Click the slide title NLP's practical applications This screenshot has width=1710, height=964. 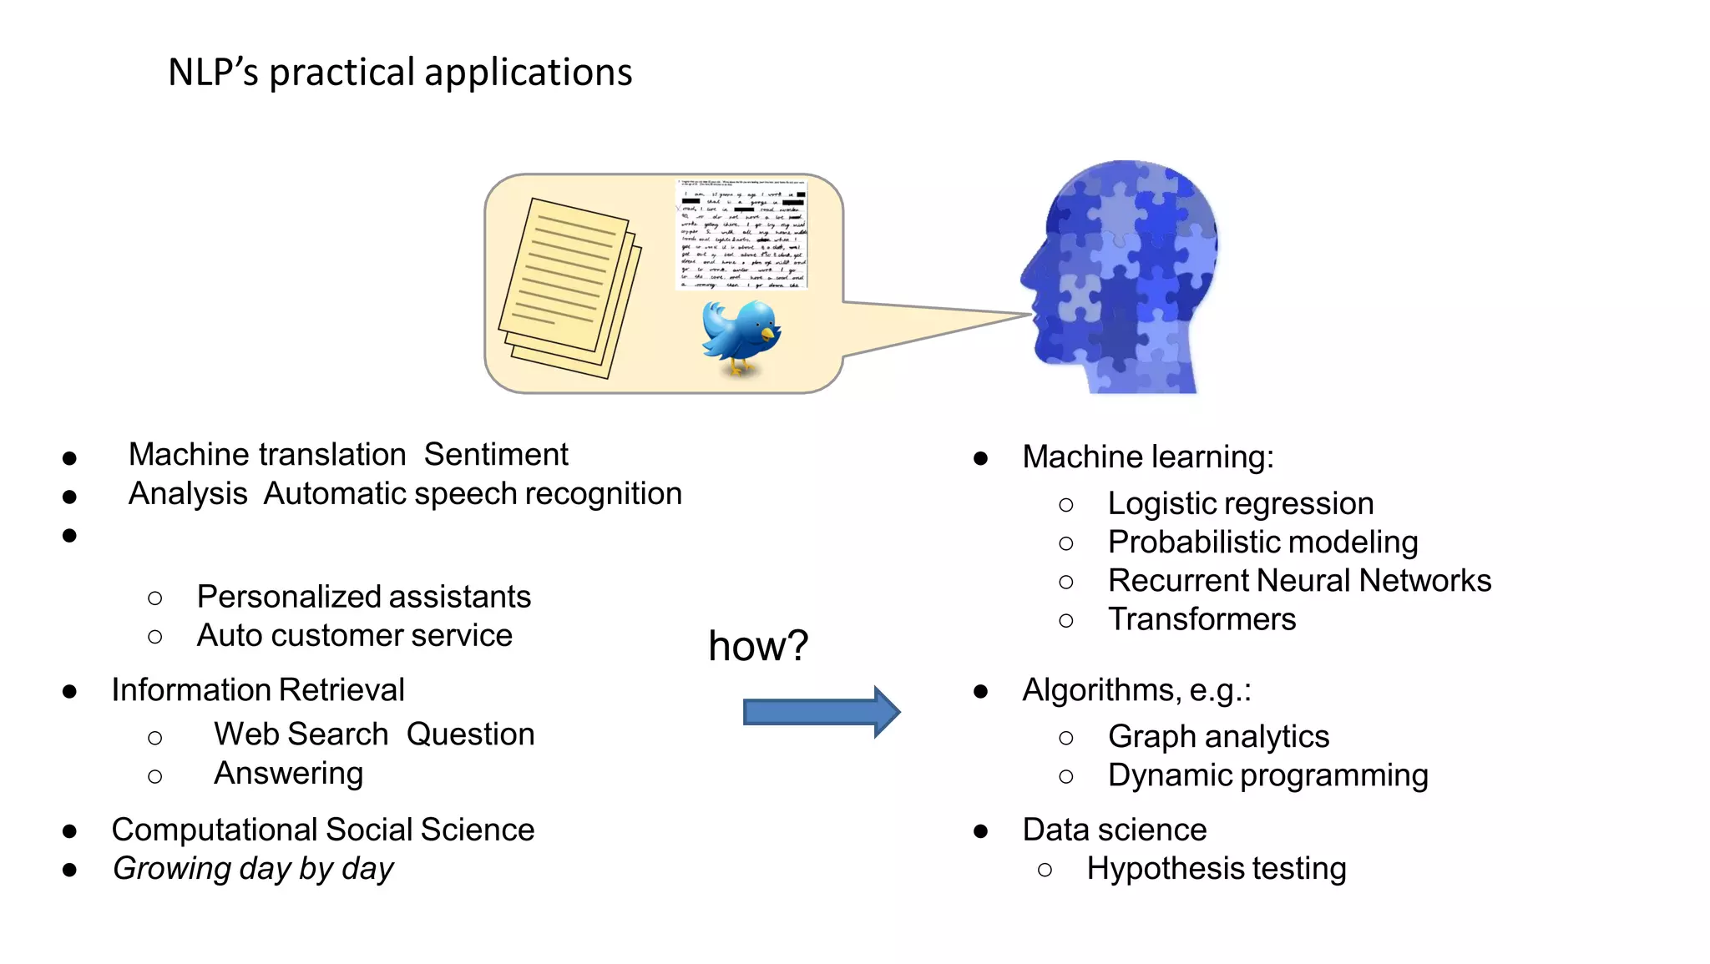click(400, 73)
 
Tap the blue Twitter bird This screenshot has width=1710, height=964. click(740, 336)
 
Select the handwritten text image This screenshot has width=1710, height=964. click(741, 235)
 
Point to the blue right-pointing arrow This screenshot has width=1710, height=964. click(821, 712)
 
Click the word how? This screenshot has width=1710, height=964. click(758, 646)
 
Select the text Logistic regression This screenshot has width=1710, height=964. click(1240, 503)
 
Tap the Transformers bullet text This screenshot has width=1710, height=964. click(1202, 619)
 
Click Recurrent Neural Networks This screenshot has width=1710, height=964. click(1299, 581)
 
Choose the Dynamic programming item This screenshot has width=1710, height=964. click(1267, 775)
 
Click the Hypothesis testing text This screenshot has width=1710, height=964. click(1216, 869)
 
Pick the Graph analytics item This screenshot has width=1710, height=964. click(1218, 737)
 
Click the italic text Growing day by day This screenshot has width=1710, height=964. click(253, 869)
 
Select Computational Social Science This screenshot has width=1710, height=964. click(323, 830)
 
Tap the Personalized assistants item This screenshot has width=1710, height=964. click(364, 597)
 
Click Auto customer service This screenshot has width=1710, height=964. click(354, 636)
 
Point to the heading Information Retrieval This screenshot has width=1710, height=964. click(258, 690)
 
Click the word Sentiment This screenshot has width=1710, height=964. click(496, 455)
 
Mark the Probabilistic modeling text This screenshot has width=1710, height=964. click(1262, 543)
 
